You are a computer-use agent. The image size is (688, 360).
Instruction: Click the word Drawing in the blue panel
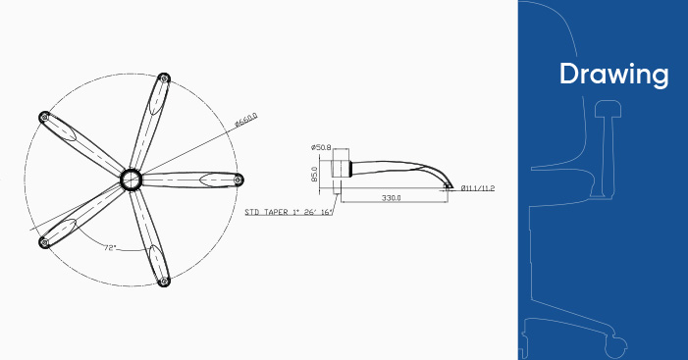pyautogui.click(x=613, y=75)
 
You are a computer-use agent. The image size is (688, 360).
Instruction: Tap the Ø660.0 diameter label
pyautogui.click(x=246, y=120)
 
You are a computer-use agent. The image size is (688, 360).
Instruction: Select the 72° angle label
pyautogui.click(x=110, y=248)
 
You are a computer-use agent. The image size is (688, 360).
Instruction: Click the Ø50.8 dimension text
pyautogui.click(x=321, y=147)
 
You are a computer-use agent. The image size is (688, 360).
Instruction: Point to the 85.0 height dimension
pyautogui.click(x=314, y=174)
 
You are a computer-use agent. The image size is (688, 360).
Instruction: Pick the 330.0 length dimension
pyautogui.click(x=391, y=198)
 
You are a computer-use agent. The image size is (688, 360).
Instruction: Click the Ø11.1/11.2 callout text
pyautogui.click(x=478, y=188)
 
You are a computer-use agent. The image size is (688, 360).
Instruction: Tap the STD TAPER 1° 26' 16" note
pyautogui.click(x=289, y=212)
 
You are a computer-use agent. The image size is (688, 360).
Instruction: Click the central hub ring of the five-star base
pyautogui.click(x=131, y=180)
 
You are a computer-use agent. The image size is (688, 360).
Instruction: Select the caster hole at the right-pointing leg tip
pyautogui.click(x=238, y=180)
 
